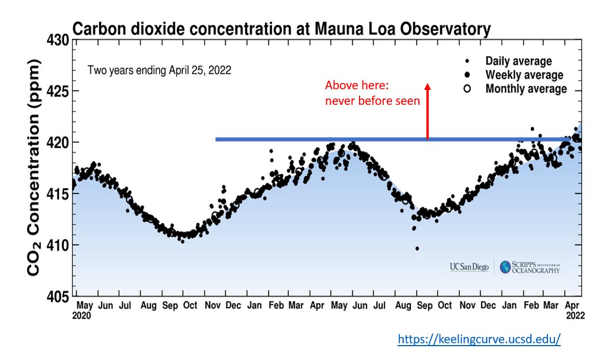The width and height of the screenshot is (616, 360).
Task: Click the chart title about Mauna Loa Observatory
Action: click(281, 29)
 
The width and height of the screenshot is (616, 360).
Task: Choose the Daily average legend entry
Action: click(518, 62)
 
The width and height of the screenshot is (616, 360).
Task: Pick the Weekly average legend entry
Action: click(524, 75)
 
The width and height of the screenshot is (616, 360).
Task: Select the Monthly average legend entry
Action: click(526, 89)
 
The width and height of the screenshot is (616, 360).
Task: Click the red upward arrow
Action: click(427, 111)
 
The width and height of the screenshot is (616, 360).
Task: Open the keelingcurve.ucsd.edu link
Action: click(479, 340)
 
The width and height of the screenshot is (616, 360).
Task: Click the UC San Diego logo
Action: click(469, 267)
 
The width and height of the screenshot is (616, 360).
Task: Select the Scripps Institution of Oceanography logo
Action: click(530, 267)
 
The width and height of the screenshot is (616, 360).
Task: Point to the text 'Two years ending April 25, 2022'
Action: click(159, 70)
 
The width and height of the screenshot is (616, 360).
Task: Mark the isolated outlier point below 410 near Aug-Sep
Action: click(417, 248)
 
